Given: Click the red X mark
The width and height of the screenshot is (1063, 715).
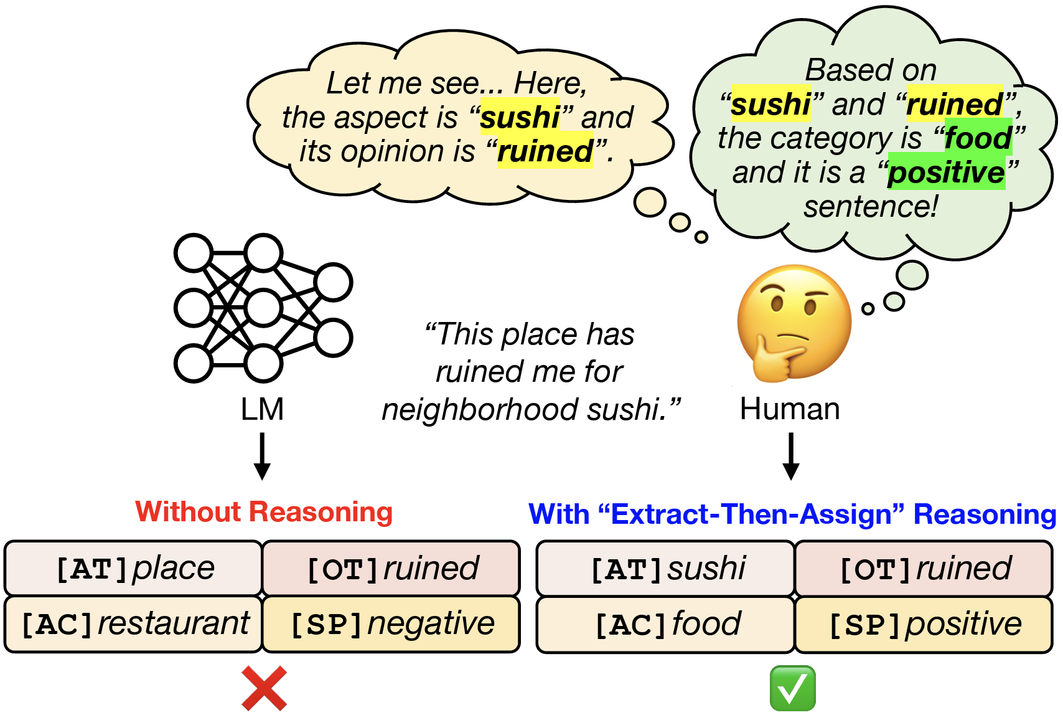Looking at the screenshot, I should (265, 688).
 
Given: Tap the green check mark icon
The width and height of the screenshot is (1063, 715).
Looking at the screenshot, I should (792, 688).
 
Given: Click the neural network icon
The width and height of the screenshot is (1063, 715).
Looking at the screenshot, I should (263, 308).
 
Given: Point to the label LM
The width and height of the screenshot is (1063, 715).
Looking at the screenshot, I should (262, 409).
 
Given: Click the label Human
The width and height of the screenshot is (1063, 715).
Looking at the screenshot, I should (790, 409).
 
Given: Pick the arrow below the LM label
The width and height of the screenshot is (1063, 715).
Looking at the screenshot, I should (262, 457).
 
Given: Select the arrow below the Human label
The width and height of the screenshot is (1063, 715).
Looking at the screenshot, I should (790, 457).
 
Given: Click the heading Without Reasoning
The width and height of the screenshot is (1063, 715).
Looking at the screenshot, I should (264, 512).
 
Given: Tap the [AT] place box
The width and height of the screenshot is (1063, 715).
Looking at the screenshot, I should (134, 569).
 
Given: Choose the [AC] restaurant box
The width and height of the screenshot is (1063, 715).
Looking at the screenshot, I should (134, 624).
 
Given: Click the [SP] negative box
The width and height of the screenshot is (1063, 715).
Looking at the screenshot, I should (391, 624).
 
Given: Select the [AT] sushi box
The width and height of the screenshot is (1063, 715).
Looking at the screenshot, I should (666, 569).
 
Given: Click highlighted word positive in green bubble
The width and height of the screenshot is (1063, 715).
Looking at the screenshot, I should (946, 173).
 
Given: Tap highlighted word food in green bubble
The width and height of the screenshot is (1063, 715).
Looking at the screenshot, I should (978, 138).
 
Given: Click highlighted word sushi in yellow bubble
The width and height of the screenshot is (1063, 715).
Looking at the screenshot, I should (520, 117).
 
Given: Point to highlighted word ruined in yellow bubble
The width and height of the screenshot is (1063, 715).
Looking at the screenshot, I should (545, 151).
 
